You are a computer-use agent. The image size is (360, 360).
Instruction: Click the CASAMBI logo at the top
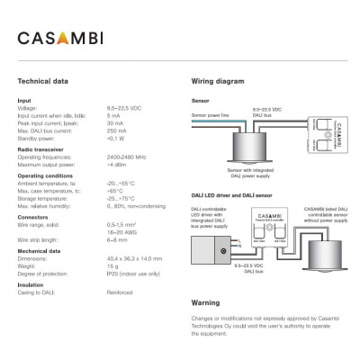pyautogui.click(x=62, y=39)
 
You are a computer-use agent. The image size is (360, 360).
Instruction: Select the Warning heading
pyautogui.click(x=205, y=303)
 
